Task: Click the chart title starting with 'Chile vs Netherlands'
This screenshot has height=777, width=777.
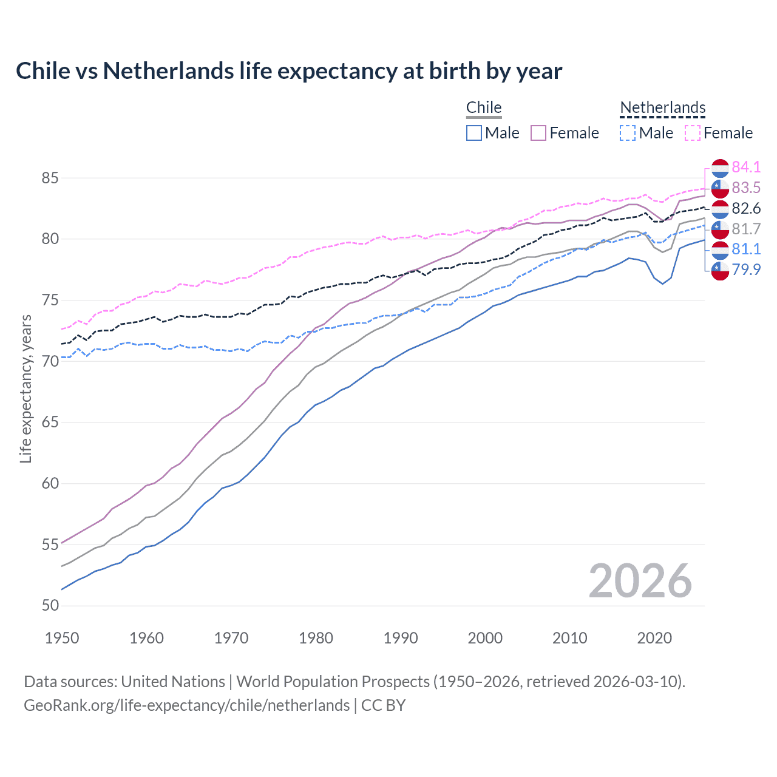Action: click(x=289, y=71)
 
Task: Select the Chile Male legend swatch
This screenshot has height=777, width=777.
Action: click(x=474, y=133)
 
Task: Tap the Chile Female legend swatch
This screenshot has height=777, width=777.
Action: click(x=538, y=133)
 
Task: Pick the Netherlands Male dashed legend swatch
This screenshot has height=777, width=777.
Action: click(x=628, y=133)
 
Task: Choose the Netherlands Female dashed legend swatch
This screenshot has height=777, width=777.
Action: click(x=693, y=133)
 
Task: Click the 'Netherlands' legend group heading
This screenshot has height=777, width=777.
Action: click(x=662, y=107)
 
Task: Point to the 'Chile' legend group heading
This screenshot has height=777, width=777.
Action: click(x=484, y=107)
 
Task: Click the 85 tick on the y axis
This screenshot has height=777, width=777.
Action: click(x=50, y=178)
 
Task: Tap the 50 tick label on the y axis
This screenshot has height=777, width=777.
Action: click(x=50, y=606)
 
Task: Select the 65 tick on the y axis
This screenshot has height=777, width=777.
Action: click(x=50, y=422)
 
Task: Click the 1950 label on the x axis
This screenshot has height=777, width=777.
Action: click(x=62, y=638)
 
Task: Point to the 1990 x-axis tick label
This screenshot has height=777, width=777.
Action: click(x=401, y=638)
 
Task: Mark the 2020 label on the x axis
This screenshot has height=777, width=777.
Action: click(x=654, y=638)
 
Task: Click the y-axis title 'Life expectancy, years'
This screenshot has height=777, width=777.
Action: click(x=25, y=388)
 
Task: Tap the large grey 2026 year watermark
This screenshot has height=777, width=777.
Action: click(x=640, y=582)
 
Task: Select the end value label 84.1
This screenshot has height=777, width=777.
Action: click(x=746, y=167)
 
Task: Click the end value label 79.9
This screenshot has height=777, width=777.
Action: click(x=746, y=270)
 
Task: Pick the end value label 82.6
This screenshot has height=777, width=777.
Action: click(x=746, y=208)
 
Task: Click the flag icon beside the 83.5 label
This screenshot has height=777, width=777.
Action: click(x=720, y=188)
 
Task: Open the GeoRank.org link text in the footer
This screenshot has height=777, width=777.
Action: click(x=186, y=705)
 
